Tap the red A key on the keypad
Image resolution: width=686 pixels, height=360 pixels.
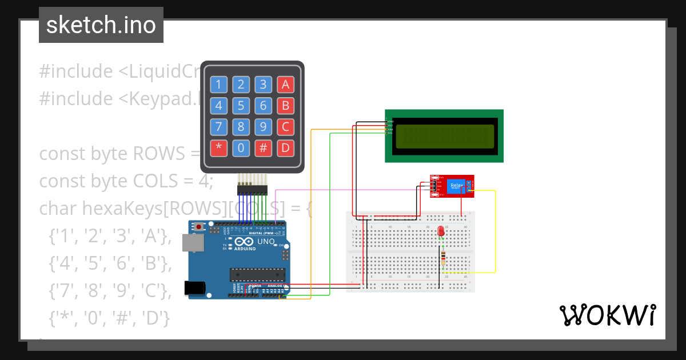tap(285, 85)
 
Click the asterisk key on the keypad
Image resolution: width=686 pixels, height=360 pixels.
tap(218, 149)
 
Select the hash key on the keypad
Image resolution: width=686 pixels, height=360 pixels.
tap(263, 149)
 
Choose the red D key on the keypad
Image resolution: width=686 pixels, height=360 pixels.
tap(285, 149)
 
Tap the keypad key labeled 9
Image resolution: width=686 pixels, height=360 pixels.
tap(263, 127)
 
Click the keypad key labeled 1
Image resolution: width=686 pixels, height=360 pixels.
tap(218, 85)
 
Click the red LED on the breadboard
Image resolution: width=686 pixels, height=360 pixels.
tap(441, 231)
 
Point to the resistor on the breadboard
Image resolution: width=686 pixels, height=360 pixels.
tap(444, 258)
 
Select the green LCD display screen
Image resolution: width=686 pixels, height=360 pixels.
tap(444, 136)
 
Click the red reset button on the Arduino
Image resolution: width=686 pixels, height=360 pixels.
tap(198, 227)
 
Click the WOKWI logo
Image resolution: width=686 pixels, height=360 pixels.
tap(607, 315)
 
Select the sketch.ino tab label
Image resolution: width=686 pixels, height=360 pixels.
tap(101, 25)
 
